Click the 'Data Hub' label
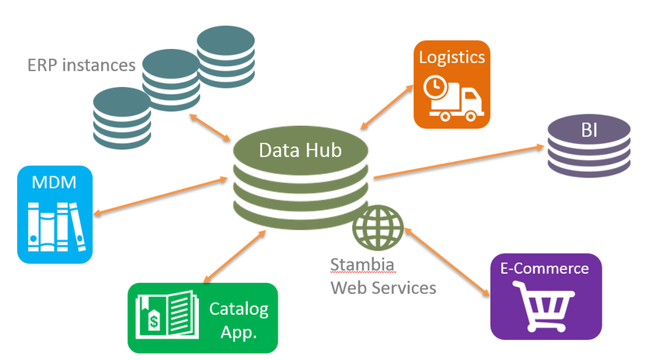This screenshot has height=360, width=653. tap(299, 150)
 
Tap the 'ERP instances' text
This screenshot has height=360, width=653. tap(81, 65)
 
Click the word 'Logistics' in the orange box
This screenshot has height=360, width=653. tap(452, 57)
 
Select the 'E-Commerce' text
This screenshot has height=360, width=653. tap(545, 269)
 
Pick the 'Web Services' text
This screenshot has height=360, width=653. tap(383, 287)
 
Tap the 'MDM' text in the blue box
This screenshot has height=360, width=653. tap(54, 183)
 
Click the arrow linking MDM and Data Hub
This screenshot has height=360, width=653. tap(159, 195)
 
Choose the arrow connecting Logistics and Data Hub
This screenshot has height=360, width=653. tap(389, 105)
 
